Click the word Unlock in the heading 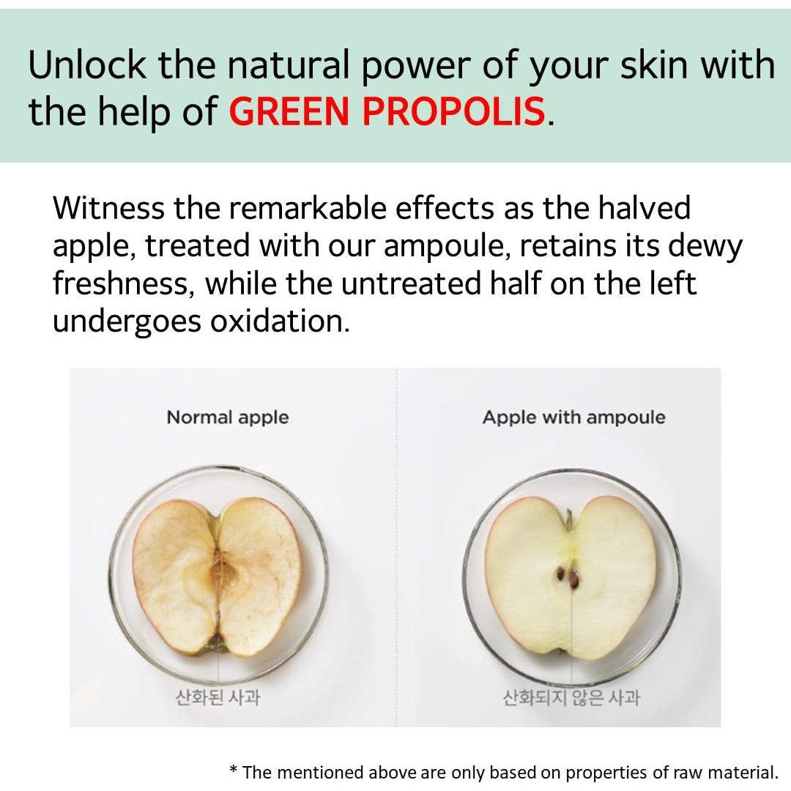[86, 64]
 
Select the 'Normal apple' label [228, 417]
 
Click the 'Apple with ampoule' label [573, 417]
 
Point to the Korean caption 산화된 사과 [218, 697]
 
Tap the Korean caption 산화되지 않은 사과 [571, 698]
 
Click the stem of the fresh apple [568, 519]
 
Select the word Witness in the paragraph [108, 207]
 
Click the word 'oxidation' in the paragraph [280, 321]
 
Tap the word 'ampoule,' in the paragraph [448, 246]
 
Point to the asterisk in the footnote [233, 770]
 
